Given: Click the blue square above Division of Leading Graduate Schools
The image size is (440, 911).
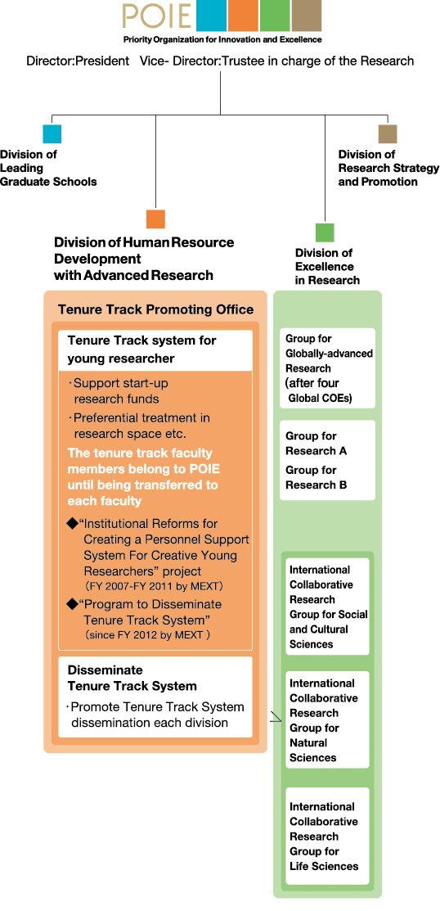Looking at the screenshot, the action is tap(52, 134).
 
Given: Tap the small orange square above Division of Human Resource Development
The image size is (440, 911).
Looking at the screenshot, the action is tap(155, 219).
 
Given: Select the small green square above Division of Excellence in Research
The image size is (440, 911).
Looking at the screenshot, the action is tap(325, 232).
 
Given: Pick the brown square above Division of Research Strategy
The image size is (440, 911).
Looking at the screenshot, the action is tap(387, 134).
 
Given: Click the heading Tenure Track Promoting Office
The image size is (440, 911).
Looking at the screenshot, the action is tap(155, 309).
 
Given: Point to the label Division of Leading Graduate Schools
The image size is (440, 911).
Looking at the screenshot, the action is tap(48, 168).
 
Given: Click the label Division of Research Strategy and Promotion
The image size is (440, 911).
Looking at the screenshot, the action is tap(389, 168).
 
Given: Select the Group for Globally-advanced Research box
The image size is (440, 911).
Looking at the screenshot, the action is tap(327, 368).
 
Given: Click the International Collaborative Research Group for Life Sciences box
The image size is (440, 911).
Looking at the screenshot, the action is tap(327, 836).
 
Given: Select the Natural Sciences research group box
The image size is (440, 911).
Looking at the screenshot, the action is tap(327, 719).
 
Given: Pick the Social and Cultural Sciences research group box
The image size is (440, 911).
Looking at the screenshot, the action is tap(327, 607).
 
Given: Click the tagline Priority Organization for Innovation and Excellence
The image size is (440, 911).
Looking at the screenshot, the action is tap(222, 39).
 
